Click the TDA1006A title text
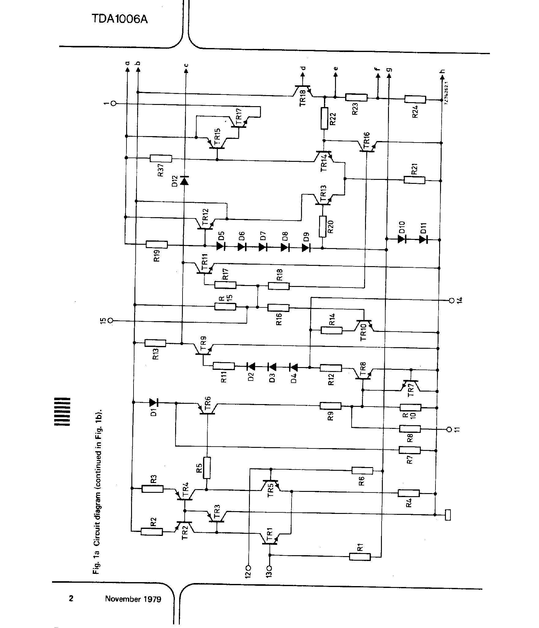pyautogui.click(x=120, y=19)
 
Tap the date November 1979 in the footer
pyautogui.click(x=133, y=599)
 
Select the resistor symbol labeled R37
pyautogui.click(x=161, y=158)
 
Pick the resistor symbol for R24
pyautogui.click(x=415, y=99)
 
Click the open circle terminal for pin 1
pyautogui.click(x=114, y=103)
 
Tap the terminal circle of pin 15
pyautogui.click(x=111, y=321)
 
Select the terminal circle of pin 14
pyautogui.click(x=451, y=300)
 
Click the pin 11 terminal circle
pyautogui.click(x=449, y=429)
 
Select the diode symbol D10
pyautogui.click(x=402, y=239)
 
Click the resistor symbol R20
pyautogui.click(x=322, y=226)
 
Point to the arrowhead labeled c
pyautogui.click(x=185, y=71)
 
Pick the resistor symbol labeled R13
pyautogui.click(x=155, y=343)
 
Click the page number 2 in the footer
pyautogui.click(x=71, y=598)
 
